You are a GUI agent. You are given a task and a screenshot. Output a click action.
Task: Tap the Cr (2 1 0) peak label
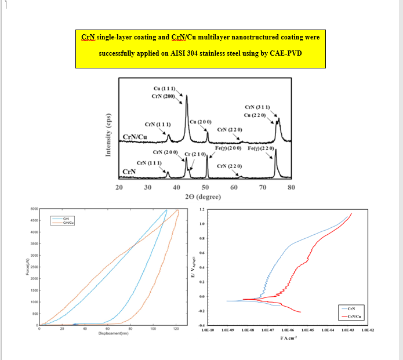[195, 154]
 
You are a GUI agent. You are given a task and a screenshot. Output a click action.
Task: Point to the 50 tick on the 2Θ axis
[205, 187]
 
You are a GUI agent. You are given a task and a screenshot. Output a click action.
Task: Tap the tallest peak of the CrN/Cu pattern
[186, 96]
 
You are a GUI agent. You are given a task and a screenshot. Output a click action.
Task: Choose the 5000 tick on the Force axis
[34, 209]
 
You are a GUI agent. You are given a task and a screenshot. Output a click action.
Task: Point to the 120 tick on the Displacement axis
[176, 329]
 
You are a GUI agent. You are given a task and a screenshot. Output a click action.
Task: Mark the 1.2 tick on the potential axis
[202, 209]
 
